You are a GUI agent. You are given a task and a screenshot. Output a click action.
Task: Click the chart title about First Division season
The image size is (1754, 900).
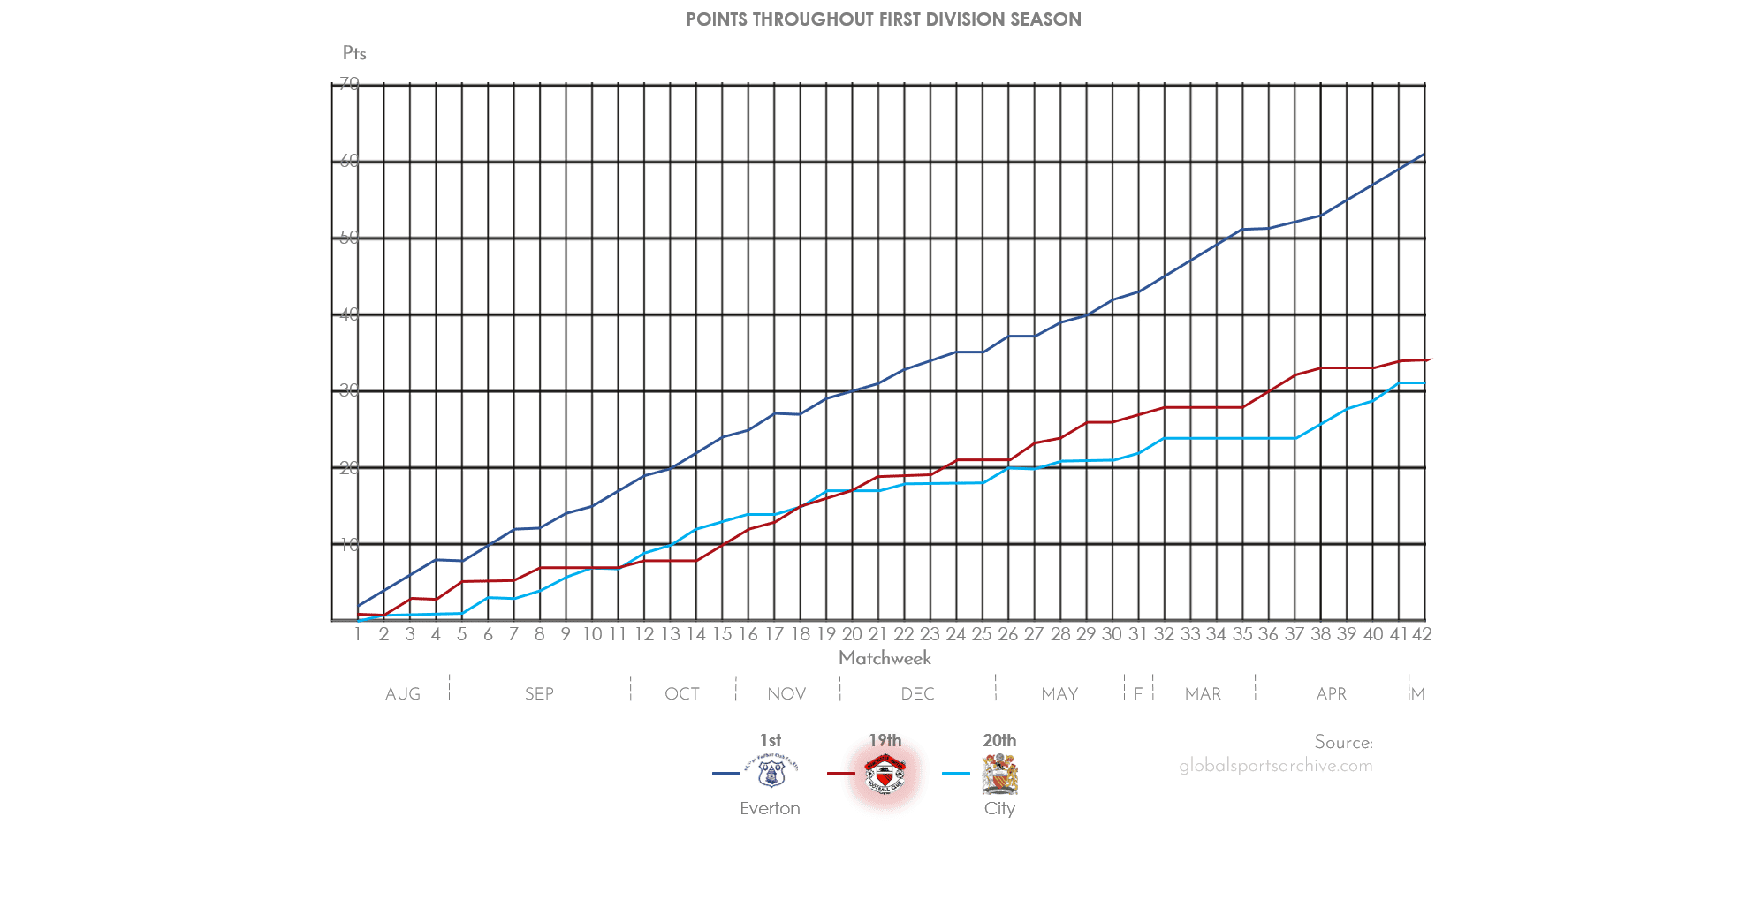tap(883, 19)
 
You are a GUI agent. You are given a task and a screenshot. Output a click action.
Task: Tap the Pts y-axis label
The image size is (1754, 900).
tap(354, 53)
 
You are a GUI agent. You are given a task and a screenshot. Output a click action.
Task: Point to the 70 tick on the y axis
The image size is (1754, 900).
tap(349, 84)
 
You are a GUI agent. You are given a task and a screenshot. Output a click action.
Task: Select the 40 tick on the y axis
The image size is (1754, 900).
tap(349, 315)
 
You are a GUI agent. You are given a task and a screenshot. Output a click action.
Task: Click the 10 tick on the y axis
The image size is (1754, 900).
tap(349, 545)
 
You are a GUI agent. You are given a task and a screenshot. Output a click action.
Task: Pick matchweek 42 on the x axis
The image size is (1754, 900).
tap(1422, 634)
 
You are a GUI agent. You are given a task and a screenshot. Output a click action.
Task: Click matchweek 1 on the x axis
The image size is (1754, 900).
tap(358, 634)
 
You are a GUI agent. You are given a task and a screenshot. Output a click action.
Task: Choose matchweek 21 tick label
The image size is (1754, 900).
tap(877, 634)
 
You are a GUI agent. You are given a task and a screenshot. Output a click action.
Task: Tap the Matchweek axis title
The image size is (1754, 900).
tap(885, 658)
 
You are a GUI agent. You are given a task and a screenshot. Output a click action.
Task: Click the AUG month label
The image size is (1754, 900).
tap(403, 694)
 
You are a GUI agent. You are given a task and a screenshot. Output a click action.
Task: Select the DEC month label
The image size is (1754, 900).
tap(917, 694)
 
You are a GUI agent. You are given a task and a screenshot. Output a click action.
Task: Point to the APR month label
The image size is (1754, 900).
tap(1332, 694)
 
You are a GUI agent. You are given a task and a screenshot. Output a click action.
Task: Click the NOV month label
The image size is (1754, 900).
tap(786, 694)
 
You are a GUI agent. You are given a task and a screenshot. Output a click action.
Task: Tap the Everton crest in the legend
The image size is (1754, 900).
tap(771, 772)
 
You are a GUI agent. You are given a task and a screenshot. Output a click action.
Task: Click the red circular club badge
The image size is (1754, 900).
tap(885, 775)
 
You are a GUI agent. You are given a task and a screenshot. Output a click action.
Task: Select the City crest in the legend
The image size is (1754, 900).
tap(999, 774)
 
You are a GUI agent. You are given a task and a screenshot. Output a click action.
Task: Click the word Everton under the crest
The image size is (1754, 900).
tap(770, 808)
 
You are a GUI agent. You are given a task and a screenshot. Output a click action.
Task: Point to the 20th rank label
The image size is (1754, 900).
tap(999, 740)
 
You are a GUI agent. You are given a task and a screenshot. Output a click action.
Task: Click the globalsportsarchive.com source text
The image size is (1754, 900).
tap(1276, 766)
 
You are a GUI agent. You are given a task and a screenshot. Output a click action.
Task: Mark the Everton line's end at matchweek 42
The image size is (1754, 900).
tap(1423, 155)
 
